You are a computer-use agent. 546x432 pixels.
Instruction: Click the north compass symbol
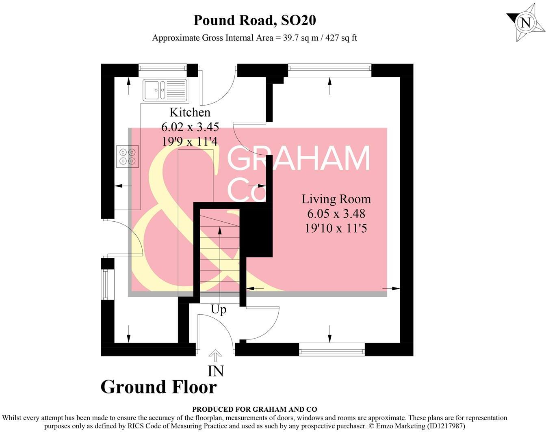point(525,22)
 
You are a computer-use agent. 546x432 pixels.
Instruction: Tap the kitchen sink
point(165,90)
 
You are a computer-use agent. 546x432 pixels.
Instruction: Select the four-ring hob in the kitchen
point(127,156)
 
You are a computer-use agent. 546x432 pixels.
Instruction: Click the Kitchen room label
point(190,112)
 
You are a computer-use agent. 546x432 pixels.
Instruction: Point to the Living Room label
point(336,199)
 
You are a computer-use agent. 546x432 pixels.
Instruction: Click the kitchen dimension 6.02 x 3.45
point(190,127)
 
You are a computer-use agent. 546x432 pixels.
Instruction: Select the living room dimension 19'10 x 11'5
point(336,228)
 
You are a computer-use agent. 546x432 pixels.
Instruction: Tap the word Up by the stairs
point(219,310)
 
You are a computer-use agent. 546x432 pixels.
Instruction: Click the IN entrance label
point(216,371)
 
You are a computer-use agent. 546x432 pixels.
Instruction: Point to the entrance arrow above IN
point(215,356)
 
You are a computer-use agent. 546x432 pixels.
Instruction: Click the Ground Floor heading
point(158,387)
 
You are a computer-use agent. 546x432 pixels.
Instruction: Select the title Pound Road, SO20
point(254,20)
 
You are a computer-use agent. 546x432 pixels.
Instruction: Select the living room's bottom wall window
point(332,349)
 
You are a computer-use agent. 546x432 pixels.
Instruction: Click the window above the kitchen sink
point(162,70)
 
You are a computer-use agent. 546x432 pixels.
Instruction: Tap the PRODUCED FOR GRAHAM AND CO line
point(254,409)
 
